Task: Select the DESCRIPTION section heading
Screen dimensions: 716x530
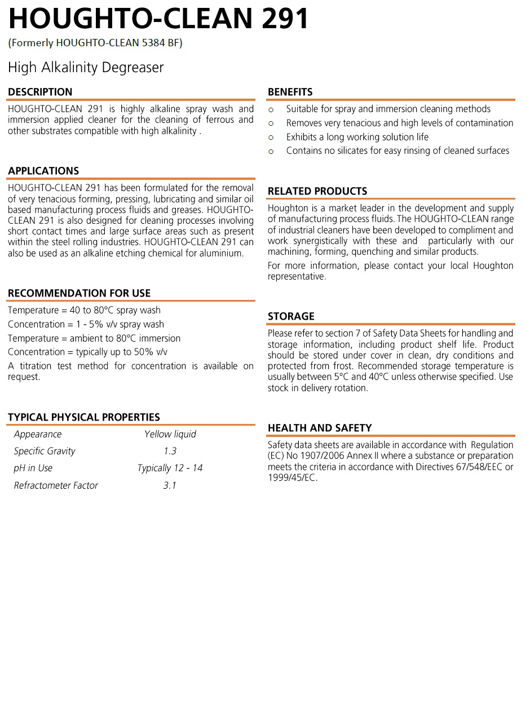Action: pos(40,92)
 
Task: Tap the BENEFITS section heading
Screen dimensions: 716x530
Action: pos(290,92)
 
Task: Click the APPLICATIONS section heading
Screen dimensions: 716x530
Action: pos(43,171)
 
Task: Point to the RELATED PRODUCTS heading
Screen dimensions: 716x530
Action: pos(317,191)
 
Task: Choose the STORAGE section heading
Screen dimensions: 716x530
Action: pos(291,316)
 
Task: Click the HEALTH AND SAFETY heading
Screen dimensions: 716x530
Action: pos(320,428)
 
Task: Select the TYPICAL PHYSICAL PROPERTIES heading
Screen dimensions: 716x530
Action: pos(84,417)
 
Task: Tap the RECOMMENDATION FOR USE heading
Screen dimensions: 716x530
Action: pos(79,293)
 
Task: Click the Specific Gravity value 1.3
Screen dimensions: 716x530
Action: pos(170,451)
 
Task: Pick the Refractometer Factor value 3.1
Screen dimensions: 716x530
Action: pos(170,485)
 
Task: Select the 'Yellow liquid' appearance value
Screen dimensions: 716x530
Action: pos(170,434)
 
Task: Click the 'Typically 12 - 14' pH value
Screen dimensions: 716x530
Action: pos(170,468)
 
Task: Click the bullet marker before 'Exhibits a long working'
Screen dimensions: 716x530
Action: pos(271,138)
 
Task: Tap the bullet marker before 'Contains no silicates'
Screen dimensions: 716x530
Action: pos(271,151)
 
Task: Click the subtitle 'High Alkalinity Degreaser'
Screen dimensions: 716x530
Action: pos(86,68)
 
